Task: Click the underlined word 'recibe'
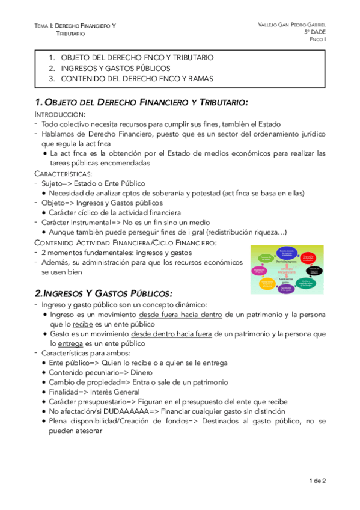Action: click(x=75, y=324)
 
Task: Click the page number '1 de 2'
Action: click(x=316, y=481)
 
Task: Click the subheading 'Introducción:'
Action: click(x=59, y=114)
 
